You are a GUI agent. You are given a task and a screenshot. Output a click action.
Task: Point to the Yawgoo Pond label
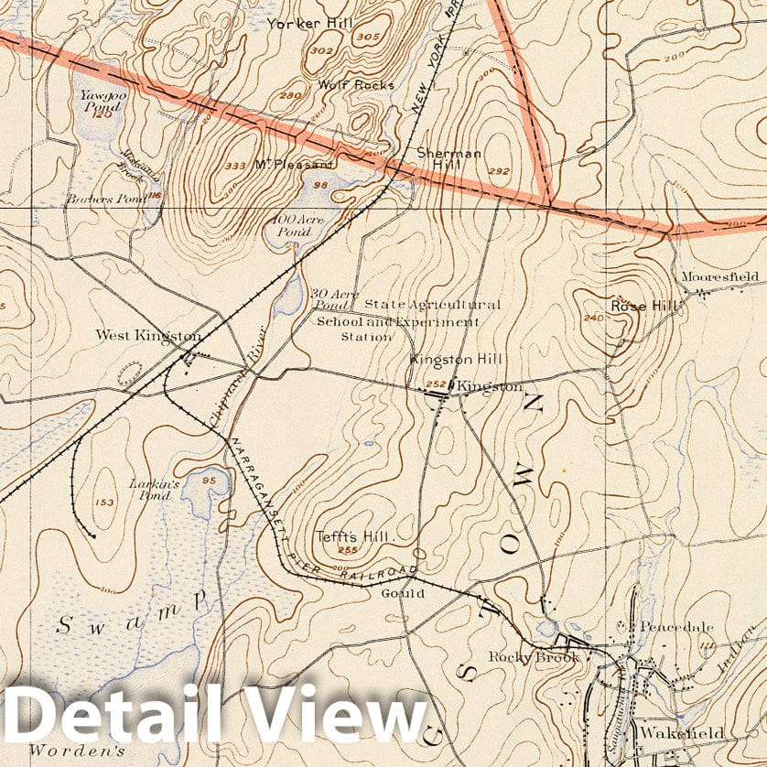point(99,100)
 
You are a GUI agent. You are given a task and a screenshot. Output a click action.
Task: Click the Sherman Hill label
point(448,159)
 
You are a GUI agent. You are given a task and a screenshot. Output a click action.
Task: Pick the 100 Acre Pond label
point(294,226)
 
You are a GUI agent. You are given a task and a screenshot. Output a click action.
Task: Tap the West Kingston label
point(147,336)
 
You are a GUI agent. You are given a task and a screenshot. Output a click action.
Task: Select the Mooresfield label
point(720,275)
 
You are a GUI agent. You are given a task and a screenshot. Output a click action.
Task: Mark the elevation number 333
point(236,166)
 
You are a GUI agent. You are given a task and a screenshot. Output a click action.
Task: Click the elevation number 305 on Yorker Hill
point(368,37)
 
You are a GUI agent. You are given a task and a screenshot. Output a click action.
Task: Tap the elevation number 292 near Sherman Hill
point(498,171)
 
